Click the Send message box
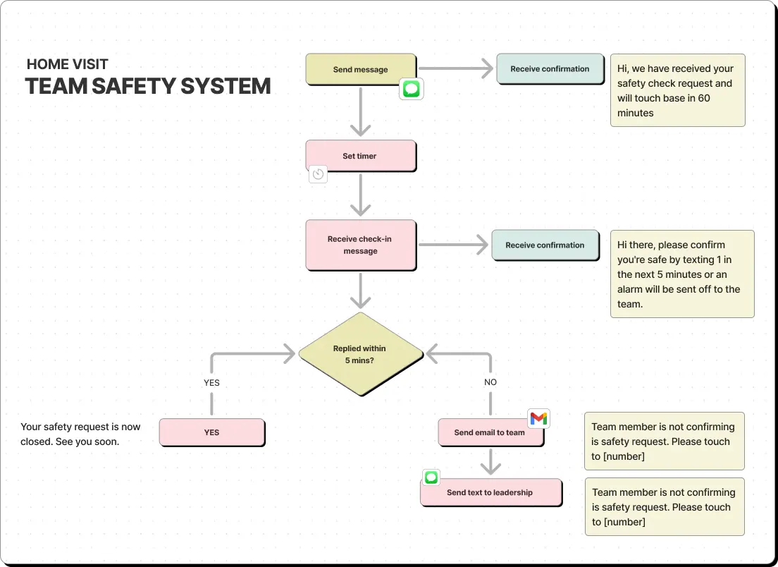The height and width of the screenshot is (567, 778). click(361, 70)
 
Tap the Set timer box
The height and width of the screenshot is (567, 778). click(361, 156)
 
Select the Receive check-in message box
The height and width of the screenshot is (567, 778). click(361, 245)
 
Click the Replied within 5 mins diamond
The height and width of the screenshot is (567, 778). click(361, 354)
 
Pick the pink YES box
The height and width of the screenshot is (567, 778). click(212, 432)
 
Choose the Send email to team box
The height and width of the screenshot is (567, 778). click(490, 432)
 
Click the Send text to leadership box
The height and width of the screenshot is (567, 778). click(491, 492)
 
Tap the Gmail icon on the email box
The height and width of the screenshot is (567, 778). click(538, 419)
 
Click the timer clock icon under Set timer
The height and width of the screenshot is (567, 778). click(318, 174)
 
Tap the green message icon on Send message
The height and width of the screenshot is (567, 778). click(412, 89)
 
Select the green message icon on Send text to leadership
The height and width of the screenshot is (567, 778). click(431, 477)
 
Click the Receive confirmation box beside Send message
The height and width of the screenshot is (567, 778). click(550, 69)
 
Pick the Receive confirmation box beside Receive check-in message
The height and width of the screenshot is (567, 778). click(545, 245)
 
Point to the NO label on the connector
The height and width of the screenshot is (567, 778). click(490, 382)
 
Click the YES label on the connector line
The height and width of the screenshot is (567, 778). click(211, 383)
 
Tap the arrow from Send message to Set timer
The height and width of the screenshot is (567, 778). click(361, 111)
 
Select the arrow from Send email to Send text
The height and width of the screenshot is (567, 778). click(490, 462)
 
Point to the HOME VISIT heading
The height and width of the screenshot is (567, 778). click(68, 64)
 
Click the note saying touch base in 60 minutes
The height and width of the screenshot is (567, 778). click(678, 90)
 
